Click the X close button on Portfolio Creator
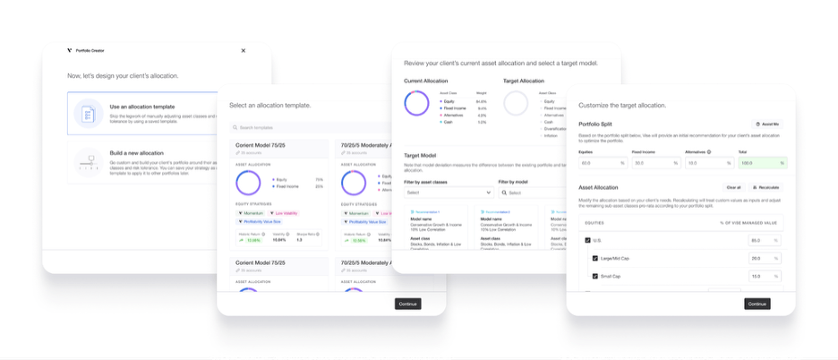244,50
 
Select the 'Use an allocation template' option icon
88,114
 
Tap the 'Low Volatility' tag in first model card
286,213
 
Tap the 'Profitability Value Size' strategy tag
260,221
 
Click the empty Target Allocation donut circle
516,103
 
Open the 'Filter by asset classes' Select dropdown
448,193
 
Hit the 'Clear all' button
733,187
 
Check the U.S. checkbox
587,240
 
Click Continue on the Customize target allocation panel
757,304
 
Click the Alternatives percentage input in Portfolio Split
706,163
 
